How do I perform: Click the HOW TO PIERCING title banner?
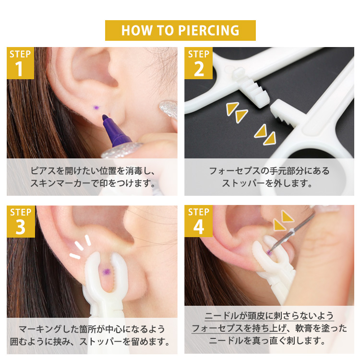pyautogui.click(x=180, y=30)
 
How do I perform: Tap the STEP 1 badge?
pyautogui.click(x=21, y=63)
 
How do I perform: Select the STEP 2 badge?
pyautogui.click(x=198, y=63)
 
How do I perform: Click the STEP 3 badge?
pyautogui.click(x=21, y=221)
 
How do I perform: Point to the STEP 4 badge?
pyautogui.click(x=199, y=221)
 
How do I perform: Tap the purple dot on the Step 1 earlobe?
pyautogui.click(x=96, y=108)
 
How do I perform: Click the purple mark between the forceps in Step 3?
pyautogui.click(x=106, y=272)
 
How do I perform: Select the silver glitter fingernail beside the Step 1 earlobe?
pyautogui.click(x=168, y=109)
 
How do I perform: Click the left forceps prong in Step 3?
pyautogui.click(x=93, y=272)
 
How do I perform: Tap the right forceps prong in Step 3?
pyautogui.click(x=120, y=271)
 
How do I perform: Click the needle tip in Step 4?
pyautogui.click(x=270, y=252)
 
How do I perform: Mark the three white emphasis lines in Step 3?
pyautogui.click(x=80, y=247)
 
